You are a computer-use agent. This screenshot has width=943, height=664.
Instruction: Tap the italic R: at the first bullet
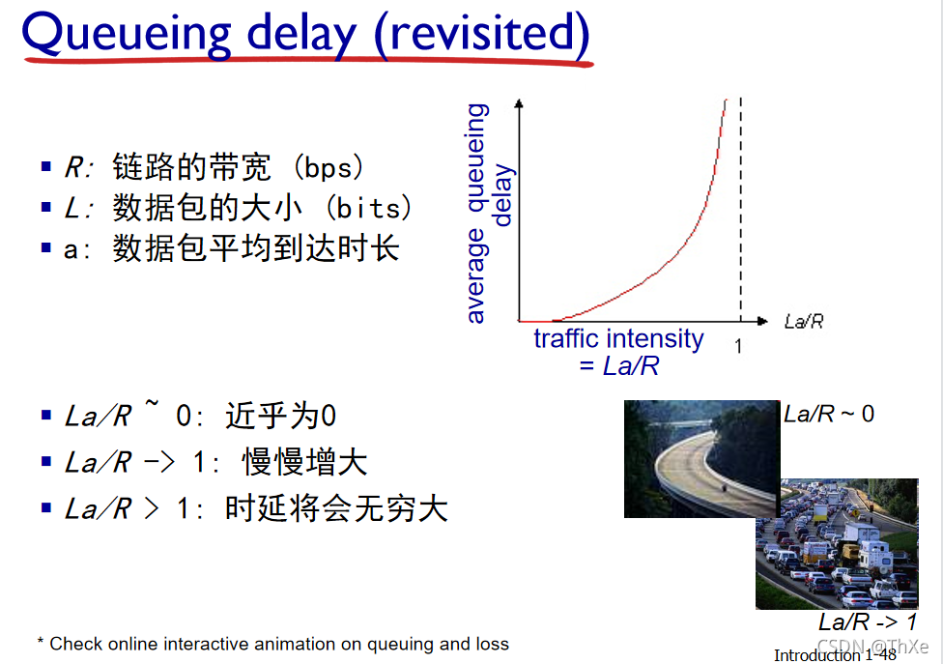coord(78,167)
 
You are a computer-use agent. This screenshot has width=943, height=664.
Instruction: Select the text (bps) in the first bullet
coord(329,167)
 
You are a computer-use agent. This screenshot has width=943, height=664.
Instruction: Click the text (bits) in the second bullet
coord(368,208)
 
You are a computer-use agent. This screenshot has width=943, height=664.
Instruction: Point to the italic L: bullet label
coord(78,208)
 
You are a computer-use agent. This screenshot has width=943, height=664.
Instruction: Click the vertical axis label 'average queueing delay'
coord(489,214)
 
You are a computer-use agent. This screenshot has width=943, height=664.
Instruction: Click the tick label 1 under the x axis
coord(738,346)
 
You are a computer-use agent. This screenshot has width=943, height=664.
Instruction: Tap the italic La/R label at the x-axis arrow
coord(804,321)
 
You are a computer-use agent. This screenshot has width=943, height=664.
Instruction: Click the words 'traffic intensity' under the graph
coord(618,338)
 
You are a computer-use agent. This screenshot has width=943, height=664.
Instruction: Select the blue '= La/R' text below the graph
coord(619,365)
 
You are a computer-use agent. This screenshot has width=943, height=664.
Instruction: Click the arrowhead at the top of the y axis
coord(519,103)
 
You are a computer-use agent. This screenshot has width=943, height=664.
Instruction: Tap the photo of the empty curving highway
coord(701,458)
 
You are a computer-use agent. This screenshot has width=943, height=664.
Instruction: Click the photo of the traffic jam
coord(837,544)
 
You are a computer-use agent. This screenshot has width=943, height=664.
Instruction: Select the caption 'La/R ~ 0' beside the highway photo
coord(829,414)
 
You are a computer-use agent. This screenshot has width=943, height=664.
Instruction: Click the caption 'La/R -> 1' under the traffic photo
coord(868,621)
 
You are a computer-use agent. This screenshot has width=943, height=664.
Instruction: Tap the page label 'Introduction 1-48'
coord(835,654)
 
